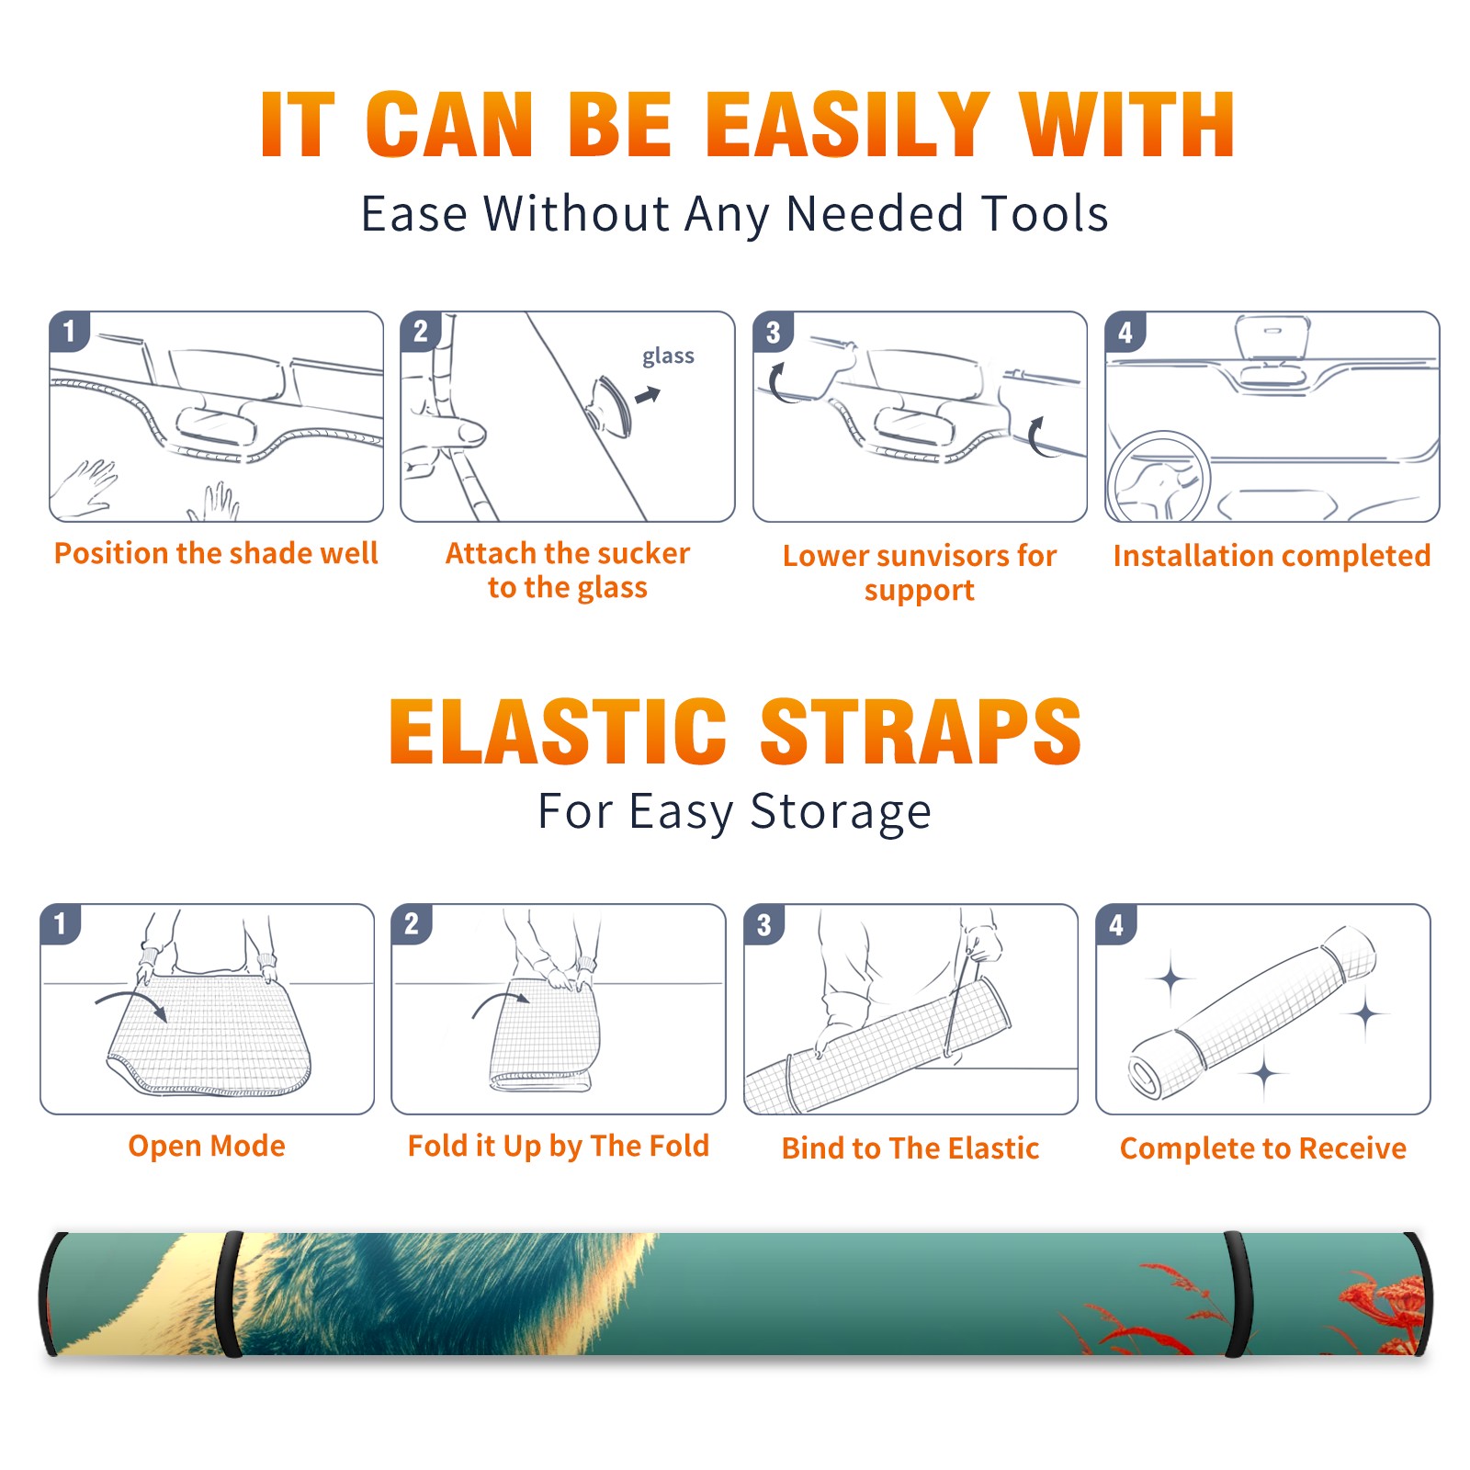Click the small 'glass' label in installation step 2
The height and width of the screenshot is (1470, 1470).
pyautogui.click(x=668, y=356)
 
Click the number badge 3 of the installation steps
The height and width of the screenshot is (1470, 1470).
pyautogui.click(x=774, y=332)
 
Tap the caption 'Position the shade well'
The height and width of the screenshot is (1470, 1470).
pyautogui.click(x=216, y=553)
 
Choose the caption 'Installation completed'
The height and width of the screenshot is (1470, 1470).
pyautogui.click(x=1272, y=556)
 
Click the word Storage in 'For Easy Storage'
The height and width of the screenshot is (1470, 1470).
pyautogui.click(x=841, y=812)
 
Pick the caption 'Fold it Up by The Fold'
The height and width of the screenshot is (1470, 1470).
pyautogui.click(x=559, y=1147)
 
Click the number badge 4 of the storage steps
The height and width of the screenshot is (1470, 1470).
pyautogui.click(x=1116, y=924)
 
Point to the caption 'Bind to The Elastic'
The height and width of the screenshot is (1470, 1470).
pyautogui.click(x=910, y=1148)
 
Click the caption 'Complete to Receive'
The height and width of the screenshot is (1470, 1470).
pyautogui.click(x=1263, y=1148)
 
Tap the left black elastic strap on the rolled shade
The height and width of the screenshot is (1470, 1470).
pyautogui.click(x=229, y=1295)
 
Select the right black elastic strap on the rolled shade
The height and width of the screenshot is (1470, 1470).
pyautogui.click(x=1238, y=1295)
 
